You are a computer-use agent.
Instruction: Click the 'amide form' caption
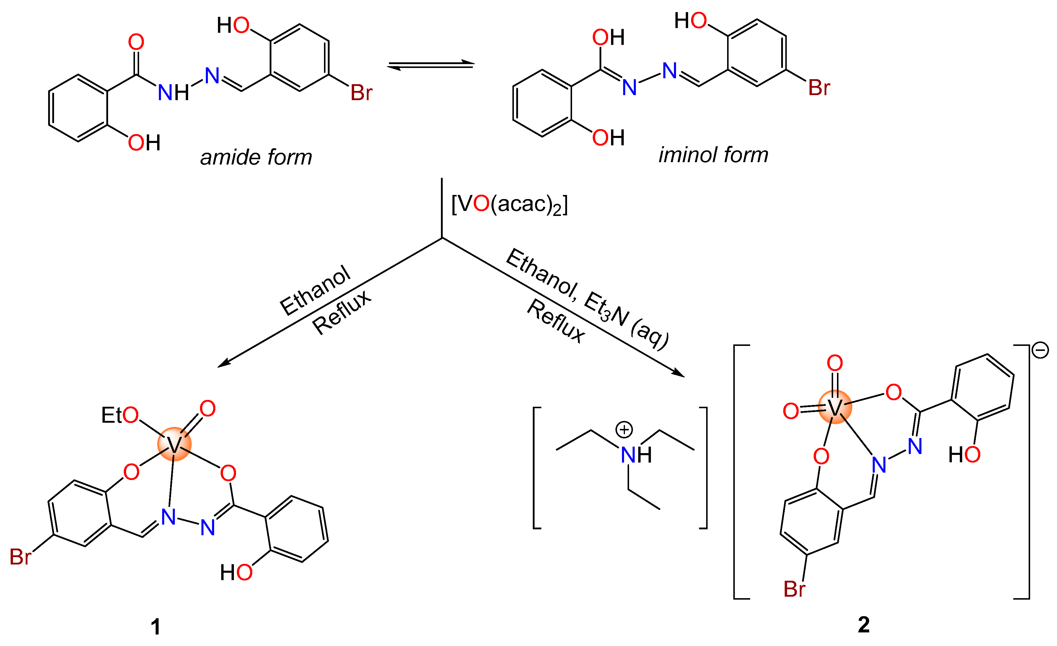256,157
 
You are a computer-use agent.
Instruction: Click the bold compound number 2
864,624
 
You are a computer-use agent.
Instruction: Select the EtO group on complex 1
120,415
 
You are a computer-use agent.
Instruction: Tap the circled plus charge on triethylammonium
624,430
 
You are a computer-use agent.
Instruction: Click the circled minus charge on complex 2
1040,350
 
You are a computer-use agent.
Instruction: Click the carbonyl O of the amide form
136,42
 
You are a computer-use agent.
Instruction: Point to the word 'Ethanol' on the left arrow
315,290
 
